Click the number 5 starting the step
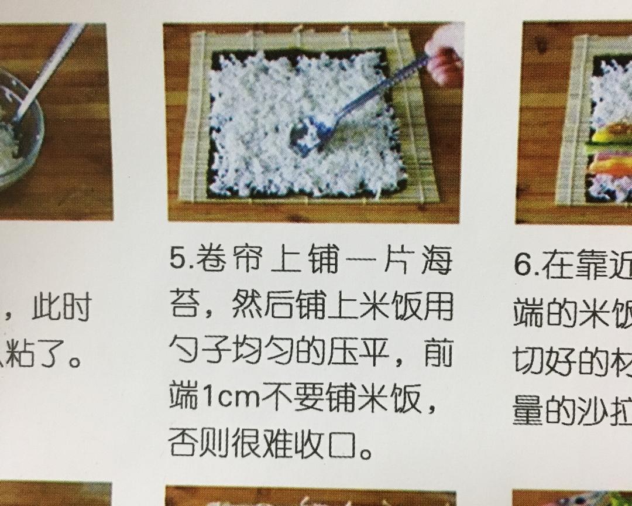pos(176,260)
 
